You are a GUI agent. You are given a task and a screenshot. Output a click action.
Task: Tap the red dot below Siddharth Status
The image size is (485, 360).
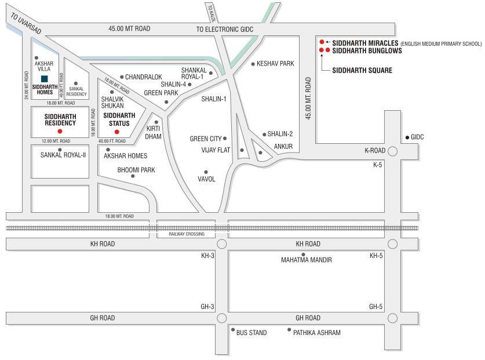[x=117, y=132]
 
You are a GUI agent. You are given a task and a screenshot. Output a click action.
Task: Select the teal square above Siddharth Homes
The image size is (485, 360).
[x=45, y=79]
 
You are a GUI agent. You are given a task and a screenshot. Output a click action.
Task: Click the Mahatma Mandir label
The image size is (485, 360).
[x=307, y=260]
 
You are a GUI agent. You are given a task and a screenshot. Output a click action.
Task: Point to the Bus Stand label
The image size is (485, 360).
[x=251, y=333]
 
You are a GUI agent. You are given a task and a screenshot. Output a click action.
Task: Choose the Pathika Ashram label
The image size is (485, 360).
[x=316, y=333]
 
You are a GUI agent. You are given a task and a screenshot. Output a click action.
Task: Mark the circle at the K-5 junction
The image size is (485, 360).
[x=392, y=152]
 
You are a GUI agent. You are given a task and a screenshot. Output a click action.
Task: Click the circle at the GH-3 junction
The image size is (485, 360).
[x=221, y=318]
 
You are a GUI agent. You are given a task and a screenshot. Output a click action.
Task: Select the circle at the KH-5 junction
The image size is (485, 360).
[x=392, y=244]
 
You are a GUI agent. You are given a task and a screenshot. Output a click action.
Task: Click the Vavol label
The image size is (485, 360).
[x=207, y=179]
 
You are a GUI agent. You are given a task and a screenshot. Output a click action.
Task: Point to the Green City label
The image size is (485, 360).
[x=206, y=139]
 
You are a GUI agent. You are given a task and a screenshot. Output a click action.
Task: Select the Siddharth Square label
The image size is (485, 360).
[x=362, y=70]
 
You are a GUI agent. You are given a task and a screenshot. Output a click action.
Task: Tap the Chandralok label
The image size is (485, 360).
[x=143, y=77]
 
